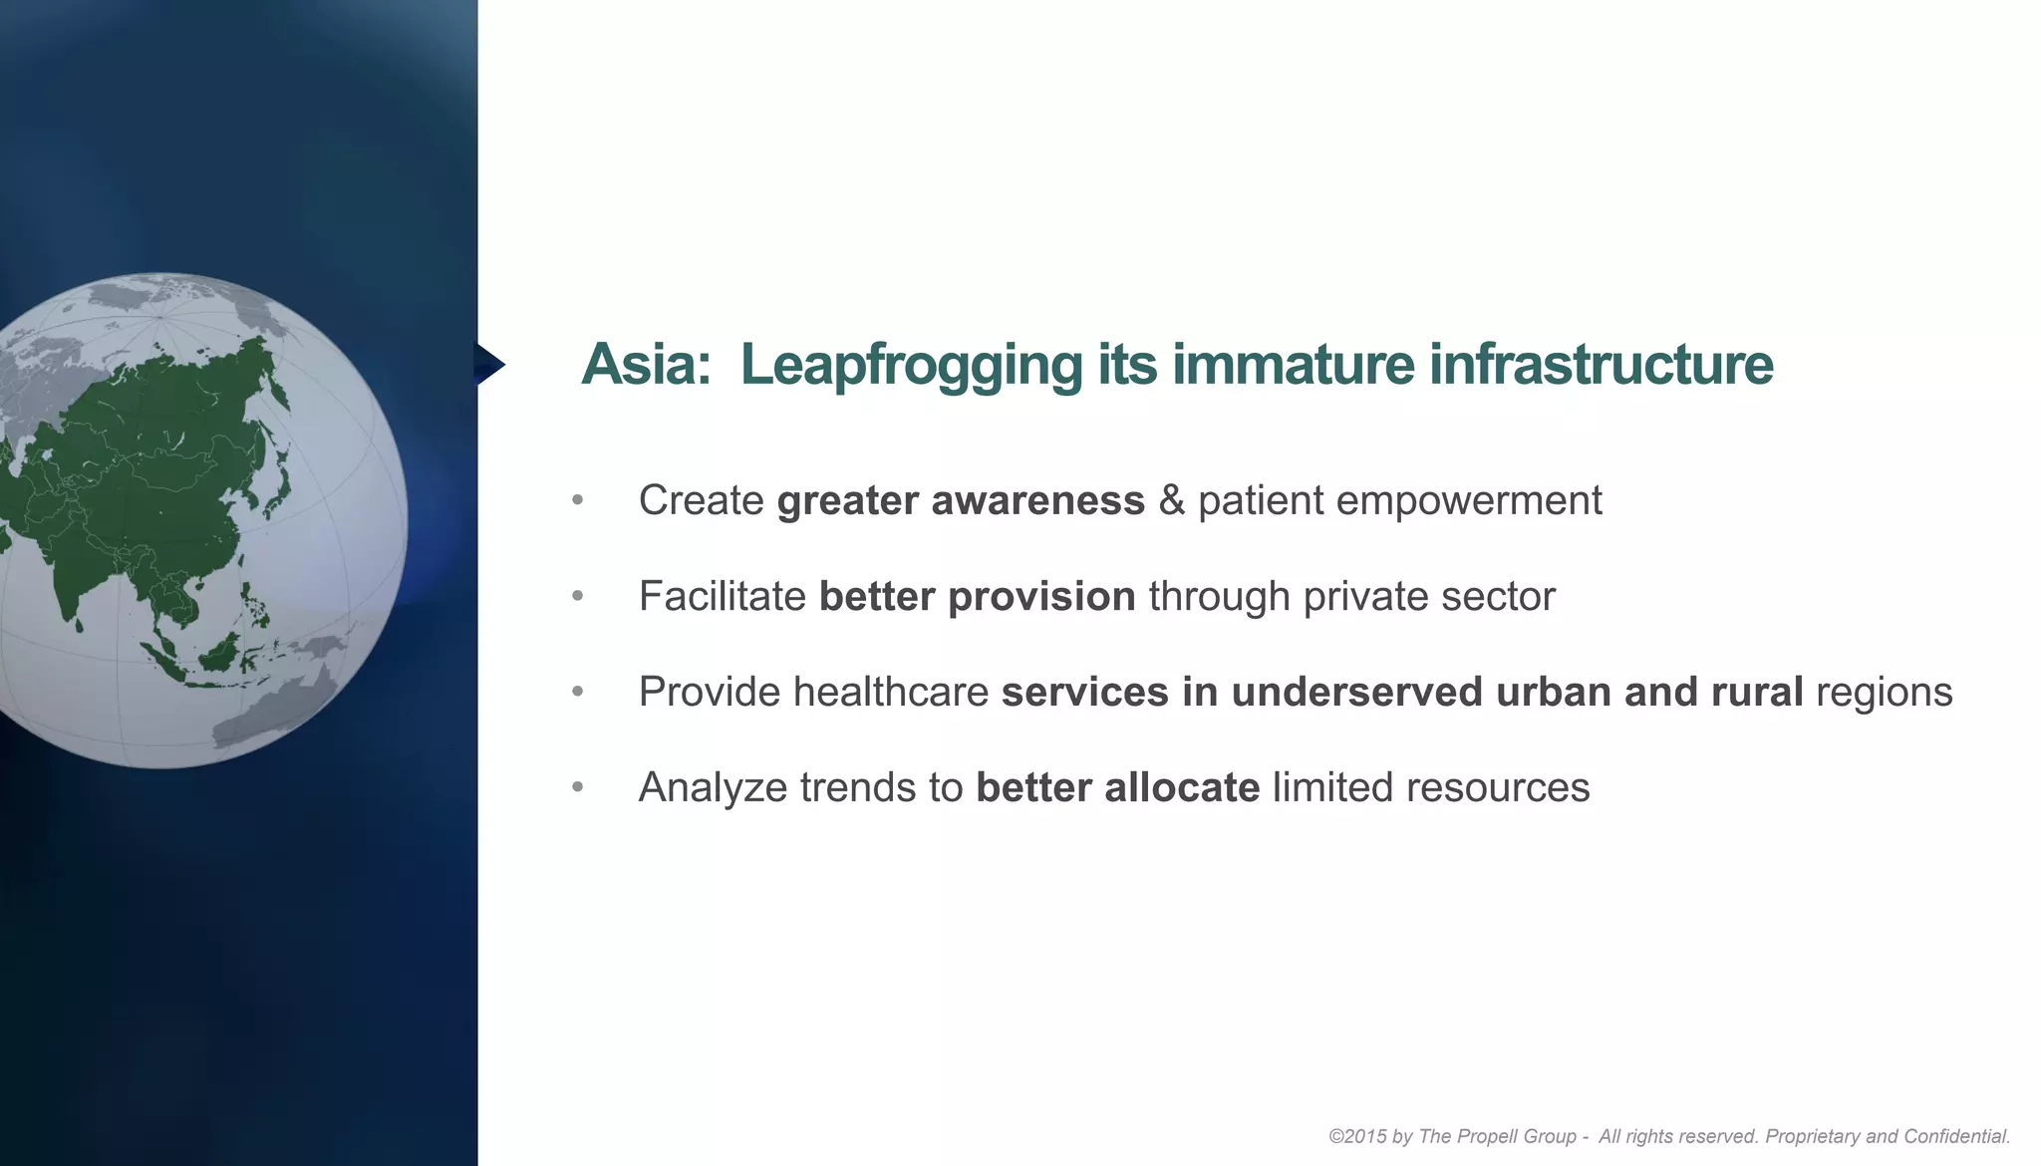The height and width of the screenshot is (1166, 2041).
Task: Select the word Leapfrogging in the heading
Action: coord(910,365)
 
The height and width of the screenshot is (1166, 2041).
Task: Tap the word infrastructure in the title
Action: coord(1601,365)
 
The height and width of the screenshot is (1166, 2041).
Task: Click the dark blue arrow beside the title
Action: coord(488,365)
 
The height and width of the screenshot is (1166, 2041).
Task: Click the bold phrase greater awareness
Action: coord(961,500)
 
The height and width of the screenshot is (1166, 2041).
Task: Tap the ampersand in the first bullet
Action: coord(1171,500)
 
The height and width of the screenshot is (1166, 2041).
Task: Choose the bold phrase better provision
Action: coord(977,596)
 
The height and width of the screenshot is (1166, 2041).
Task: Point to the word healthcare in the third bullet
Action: coord(890,692)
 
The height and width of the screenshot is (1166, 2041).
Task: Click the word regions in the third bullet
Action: coord(1884,692)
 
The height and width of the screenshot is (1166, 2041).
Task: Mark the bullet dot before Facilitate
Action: coord(578,596)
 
